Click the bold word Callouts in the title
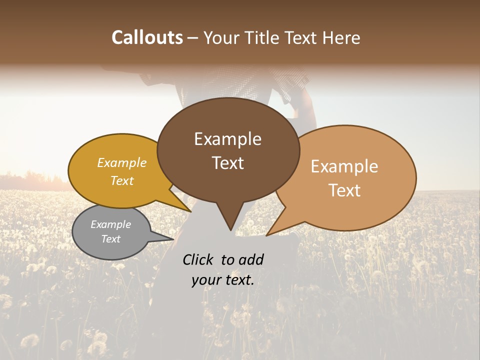point(147,37)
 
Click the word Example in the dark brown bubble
point(227,139)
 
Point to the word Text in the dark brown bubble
point(227,163)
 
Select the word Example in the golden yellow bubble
point(122,163)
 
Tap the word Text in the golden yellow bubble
point(122,180)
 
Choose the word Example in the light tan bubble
point(344,166)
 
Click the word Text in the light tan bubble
point(344,190)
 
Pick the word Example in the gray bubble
point(110,224)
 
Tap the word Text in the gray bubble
point(110,239)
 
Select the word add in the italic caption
point(251,259)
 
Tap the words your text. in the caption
point(222,280)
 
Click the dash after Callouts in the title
point(193,37)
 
